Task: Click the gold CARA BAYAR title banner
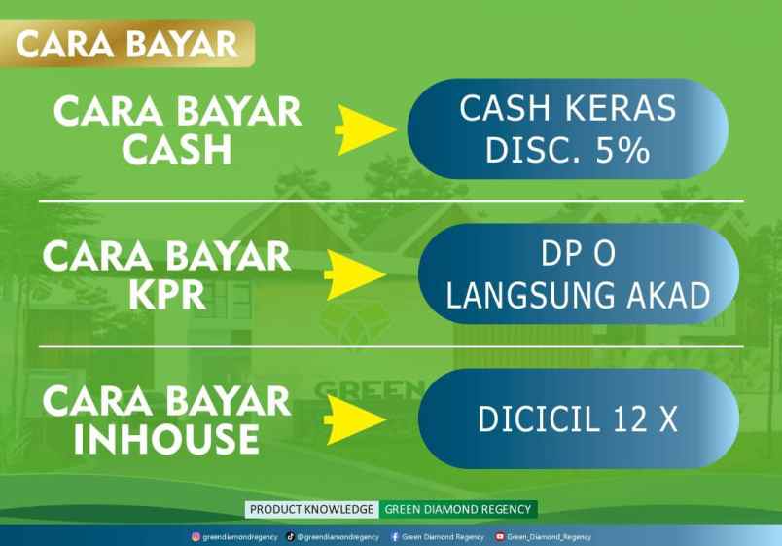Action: pyautogui.click(x=127, y=44)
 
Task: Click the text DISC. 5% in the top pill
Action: pyautogui.click(x=568, y=151)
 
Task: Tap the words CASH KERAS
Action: pyautogui.click(x=568, y=108)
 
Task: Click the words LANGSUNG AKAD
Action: pyautogui.click(x=579, y=295)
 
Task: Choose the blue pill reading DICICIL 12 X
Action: pyautogui.click(x=578, y=419)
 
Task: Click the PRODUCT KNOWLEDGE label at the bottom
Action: pyautogui.click(x=311, y=509)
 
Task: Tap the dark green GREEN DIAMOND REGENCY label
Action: pyautogui.click(x=457, y=509)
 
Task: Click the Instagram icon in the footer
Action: pyautogui.click(x=195, y=536)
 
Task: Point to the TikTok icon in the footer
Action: pyautogui.click(x=291, y=536)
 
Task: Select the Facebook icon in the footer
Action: pyautogui.click(x=394, y=536)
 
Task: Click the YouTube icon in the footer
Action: pyautogui.click(x=500, y=536)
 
